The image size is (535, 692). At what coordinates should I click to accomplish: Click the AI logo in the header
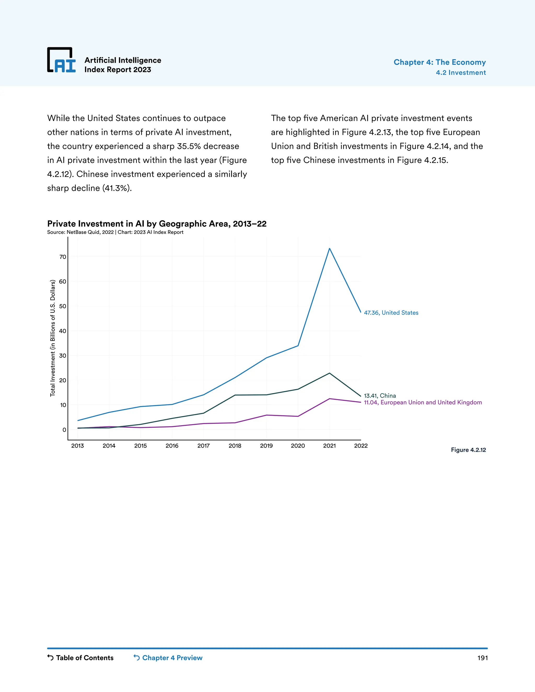pyautogui.click(x=61, y=60)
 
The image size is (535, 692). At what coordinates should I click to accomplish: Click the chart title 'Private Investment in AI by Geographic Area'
pyautogui.click(x=156, y=224)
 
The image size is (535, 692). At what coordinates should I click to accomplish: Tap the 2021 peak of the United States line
pyautogui.click(x=330, y=248)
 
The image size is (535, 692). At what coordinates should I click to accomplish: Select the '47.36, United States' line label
pyautogui.click(x=391, y=313)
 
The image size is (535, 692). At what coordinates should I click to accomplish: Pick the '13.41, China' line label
pyautogui.click(x=380, y=396)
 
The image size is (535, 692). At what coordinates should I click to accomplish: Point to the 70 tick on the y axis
pyautogui.click(x=63, y=257)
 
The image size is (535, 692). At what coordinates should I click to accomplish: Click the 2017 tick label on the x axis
pyautogui.click(x=203, y=446)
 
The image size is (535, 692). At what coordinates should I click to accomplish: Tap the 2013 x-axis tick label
pyautogui.click(x=78, y=446)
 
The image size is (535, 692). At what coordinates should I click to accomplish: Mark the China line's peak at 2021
pyautogui.click(x=330, y=373)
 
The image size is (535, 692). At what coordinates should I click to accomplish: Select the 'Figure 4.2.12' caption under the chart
pyautogui.click(x=468, y=450)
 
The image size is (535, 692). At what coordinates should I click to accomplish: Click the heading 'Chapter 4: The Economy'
pyautogui.click(x=439, y=62)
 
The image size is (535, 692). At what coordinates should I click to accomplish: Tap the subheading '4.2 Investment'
pyautogui.click(x=461, y=73)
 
